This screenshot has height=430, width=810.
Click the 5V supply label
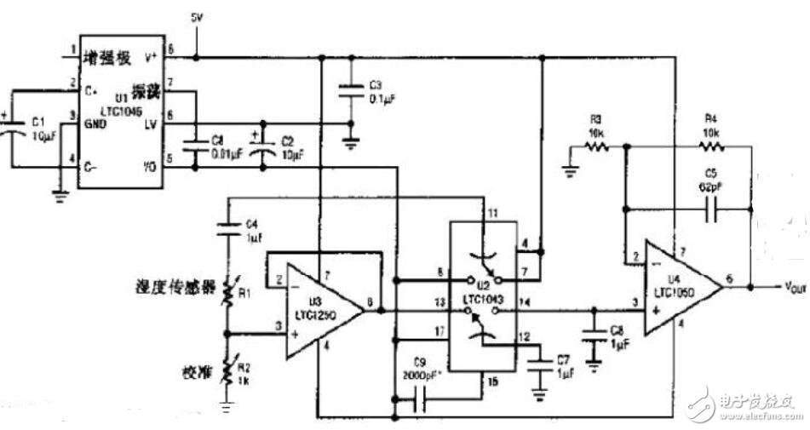(x=198, y=17)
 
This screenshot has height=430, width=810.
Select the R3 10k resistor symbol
(x=595, y=146)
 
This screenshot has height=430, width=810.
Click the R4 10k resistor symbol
(x=710, y=146)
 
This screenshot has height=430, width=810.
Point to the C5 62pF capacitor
(x=710, y=207)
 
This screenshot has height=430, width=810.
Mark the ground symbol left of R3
(x=568, y=169)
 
